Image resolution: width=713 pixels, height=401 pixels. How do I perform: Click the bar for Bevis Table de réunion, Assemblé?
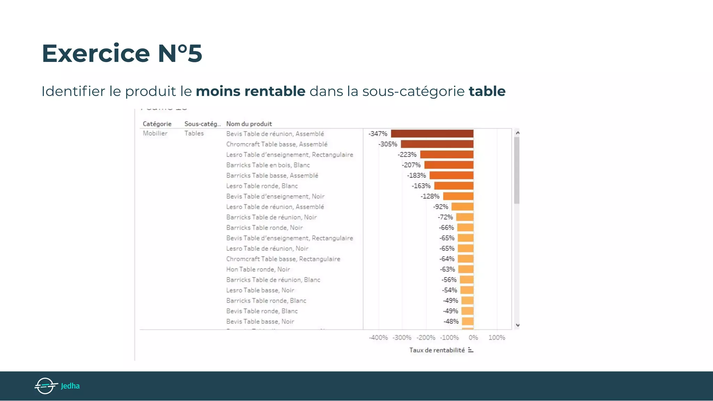pyautogui.click(x=432, y=134)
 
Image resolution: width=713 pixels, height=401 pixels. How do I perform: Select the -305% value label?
pyautogui.click(x=388, y=144)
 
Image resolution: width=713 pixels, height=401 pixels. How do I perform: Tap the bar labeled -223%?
pyautogui.click(x=447, y=155)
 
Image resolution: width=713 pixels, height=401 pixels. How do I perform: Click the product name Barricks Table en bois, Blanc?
pyautogui.click(x=268, y=165)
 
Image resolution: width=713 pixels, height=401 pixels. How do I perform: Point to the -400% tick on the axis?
pyautogui.click(x=378, y=338)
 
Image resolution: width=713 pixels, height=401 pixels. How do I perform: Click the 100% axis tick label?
pyautogui.click(x=496, y=338)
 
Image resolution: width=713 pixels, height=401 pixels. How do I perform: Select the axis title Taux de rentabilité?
pyautogui.click(x=437, y=350)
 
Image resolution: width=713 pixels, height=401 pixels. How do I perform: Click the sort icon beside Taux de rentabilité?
pyautogui.click(x=471, y=350)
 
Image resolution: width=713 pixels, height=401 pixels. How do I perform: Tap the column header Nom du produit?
pyautogui.click(x=249, y=124)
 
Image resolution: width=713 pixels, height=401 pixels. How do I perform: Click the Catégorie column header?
pyautogui.click(x=157, y=124)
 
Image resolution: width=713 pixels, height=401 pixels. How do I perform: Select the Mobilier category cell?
pyautogui.click(x=155, y=133)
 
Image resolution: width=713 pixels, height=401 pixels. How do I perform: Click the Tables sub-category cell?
pyautogui.click(x=194, y=133)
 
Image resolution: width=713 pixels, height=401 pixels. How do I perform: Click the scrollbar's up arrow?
pyautogui.click(x=517, y=133)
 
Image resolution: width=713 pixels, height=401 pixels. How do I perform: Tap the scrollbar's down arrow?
pyautogui.click(x=517, y=325)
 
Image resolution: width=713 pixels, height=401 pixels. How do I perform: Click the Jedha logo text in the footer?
pyautogui.click(x=70, y=386)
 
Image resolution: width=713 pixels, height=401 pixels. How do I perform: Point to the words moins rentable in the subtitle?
pyautogui.click(x=250, y=91)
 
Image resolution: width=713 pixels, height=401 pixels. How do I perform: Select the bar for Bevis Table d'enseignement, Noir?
pyautogui.click(x=458, y=196)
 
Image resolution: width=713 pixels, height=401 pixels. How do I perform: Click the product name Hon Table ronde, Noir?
pyautogui.click(x=258, y=269)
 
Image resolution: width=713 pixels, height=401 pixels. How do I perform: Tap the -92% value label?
pyautogui.click(x=440, y=207)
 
